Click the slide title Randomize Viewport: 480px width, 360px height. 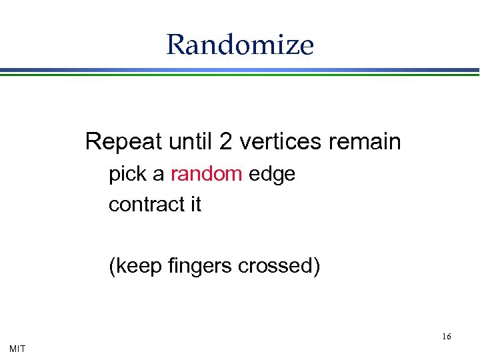pos(240,45)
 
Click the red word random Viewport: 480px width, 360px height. pos(206,174)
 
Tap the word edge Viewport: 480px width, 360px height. pos(271,175)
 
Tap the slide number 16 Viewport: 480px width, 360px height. pos(446,336)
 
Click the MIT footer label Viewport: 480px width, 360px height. pos(18,349)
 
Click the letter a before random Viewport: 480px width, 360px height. pos(159,175)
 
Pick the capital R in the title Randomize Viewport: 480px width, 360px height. pos(175,45)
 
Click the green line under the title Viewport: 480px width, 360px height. pos(240,75)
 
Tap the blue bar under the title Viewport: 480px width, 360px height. pos(240,69)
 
